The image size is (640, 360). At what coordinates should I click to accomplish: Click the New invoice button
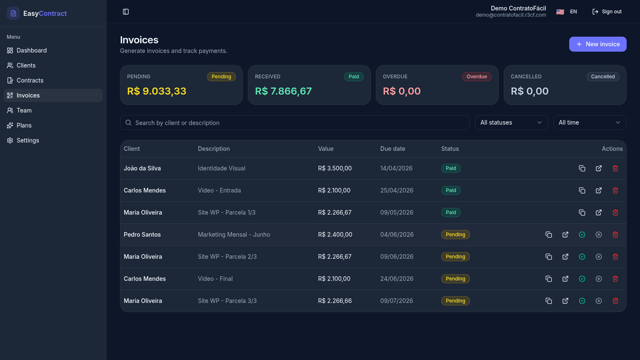coord(598,44)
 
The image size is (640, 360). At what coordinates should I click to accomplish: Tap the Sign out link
coord(607,12)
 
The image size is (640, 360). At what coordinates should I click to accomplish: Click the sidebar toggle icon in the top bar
coord(126,12)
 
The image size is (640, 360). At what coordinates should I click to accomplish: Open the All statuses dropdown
coord(511,122)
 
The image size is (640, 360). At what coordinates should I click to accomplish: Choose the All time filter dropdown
coord(590,122)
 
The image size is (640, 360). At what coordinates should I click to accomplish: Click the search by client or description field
coord(295,122)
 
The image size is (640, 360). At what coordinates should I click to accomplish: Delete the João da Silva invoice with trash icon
coord(615,168)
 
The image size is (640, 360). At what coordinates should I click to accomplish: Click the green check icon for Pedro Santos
coord(582,235)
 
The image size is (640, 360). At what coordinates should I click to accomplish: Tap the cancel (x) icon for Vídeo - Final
coord(599,279)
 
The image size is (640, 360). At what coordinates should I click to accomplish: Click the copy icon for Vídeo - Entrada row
coord(582,190)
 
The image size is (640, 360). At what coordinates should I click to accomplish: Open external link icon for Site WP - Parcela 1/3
coord(599,212)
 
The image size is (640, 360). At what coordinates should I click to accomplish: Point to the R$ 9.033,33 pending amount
coord(157,91)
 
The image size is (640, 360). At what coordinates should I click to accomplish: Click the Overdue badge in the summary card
coord(477,77)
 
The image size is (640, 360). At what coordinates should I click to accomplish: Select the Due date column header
coord(392,149)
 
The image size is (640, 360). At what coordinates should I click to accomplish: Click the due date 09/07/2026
coord(397,301)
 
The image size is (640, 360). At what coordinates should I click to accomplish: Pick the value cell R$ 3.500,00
coord(335,168)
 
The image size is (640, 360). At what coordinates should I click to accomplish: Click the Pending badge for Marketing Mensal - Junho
coord(455,235)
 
